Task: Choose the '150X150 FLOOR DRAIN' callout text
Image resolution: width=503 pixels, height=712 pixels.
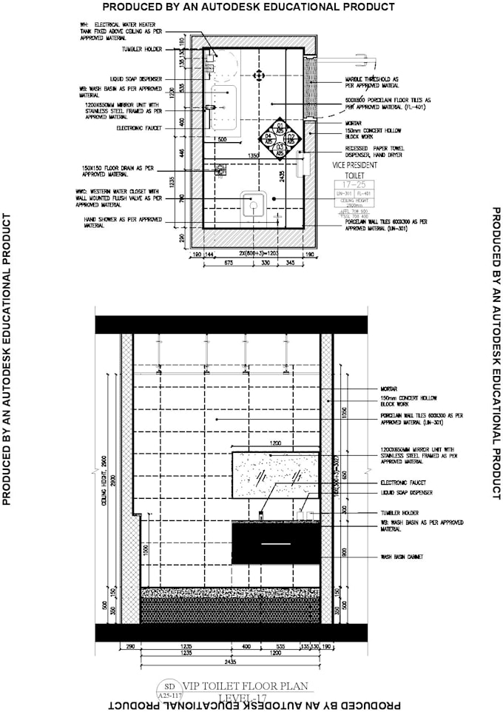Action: point(123,172)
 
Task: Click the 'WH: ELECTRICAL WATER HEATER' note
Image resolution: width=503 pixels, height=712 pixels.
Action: point(122,29)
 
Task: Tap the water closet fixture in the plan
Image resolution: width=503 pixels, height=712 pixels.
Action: point(254,202)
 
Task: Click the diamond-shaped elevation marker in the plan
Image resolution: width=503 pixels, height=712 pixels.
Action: point(280,137)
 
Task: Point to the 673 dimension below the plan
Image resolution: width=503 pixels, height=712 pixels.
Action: point(229,263)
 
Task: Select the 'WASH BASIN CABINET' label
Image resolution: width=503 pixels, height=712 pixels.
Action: point(400,556)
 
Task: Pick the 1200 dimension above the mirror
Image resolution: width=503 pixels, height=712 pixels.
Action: point(274,443)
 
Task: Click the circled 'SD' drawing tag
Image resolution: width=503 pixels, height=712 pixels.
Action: point(169,687)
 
